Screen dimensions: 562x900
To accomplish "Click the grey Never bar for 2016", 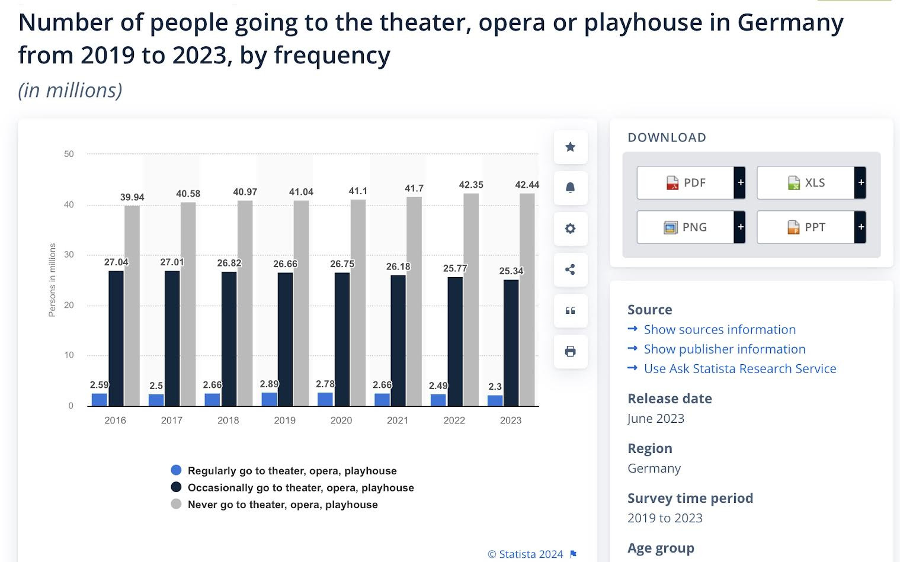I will point(132,306).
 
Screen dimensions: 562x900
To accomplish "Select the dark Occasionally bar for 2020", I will point(342,339).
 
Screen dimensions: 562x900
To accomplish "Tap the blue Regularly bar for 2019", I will point(269,399).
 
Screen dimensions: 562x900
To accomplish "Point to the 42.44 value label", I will point(527,185).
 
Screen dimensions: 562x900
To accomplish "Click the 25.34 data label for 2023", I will point(511,271).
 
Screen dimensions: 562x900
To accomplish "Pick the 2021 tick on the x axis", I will point(398,420).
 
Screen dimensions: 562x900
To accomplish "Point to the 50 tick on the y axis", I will point(69,154).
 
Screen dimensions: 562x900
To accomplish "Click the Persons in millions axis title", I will point(52,280).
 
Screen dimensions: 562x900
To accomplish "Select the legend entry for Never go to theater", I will point(282,505).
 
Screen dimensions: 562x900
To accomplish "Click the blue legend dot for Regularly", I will point(176,470).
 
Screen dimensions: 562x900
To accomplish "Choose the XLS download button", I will point(806,182).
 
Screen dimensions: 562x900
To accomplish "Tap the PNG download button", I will point(686,227).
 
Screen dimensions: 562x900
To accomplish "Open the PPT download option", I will point(806,227).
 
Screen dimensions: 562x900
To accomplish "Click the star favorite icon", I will point(571,147).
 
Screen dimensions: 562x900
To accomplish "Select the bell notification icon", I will point(571,188).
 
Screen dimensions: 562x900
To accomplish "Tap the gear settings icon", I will point(571,229).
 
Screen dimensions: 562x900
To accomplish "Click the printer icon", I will point(571,352).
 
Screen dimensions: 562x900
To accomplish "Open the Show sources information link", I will point(719,329).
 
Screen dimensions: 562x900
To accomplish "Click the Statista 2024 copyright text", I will point(525,554).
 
